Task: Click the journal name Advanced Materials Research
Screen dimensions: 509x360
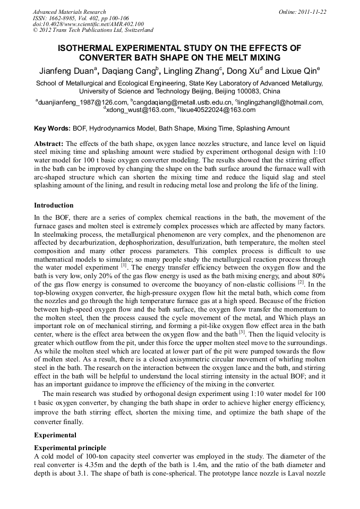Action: [69, 12]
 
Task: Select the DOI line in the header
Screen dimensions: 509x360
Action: [88, 24]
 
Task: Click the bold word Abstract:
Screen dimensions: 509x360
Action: [49, 144]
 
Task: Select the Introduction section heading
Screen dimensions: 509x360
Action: [54, 205]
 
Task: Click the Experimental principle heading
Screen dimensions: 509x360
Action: [70, 447]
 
